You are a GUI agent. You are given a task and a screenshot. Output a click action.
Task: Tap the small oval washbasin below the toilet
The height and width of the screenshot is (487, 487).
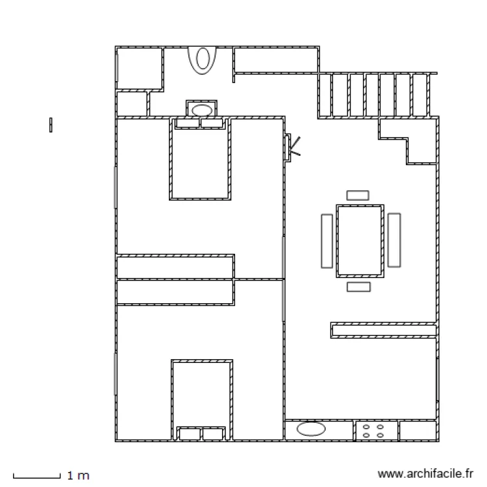point(202,110)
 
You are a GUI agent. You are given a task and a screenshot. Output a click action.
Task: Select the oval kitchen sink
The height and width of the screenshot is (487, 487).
point(311,429)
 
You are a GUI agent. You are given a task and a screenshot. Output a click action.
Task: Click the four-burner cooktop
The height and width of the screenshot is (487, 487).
point(376,431)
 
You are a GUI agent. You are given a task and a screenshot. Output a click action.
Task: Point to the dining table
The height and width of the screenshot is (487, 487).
point(360,241)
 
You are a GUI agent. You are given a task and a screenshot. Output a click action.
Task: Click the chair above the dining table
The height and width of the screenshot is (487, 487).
point(358,195)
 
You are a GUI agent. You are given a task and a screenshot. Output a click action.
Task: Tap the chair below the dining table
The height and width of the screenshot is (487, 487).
point(358,286)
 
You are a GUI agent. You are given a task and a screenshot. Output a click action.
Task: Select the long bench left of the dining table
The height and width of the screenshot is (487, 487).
point(327,241)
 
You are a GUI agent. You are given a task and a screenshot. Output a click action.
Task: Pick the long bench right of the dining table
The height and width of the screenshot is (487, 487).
point(394,240)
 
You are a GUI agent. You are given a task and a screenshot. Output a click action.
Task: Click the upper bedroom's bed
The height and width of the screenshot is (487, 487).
point(201,158)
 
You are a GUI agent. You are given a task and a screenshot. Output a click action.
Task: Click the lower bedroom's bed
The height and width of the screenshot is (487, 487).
point(202,400)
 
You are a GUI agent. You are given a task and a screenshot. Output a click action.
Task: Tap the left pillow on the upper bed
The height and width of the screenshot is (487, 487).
point(188,123)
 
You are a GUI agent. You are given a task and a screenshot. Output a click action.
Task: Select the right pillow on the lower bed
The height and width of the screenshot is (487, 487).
point(213,434)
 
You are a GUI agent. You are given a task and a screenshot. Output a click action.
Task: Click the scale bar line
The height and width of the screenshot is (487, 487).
point(36,477)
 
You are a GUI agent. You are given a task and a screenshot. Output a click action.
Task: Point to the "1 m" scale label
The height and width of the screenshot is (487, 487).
point(79,475)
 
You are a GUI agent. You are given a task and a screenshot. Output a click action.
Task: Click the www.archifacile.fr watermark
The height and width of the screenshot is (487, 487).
point(425,474)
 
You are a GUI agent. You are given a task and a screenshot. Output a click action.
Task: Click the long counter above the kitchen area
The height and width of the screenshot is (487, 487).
point(384,330)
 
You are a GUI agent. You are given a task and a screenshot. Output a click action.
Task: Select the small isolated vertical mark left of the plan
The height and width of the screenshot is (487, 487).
point(51,125)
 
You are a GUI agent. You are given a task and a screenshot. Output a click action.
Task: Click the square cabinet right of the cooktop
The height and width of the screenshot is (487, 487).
point(418,431)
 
